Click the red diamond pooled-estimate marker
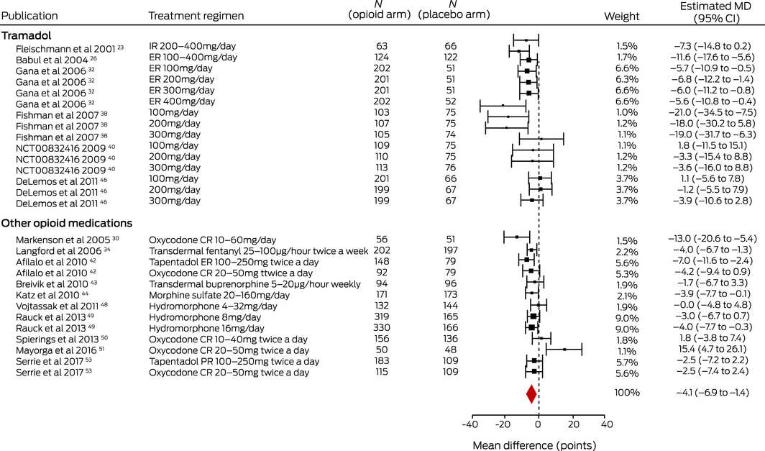coord(531,393)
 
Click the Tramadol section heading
coord(26,34)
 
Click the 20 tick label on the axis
coord(572,424)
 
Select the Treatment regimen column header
coord(196,15)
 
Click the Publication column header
coord(29,15)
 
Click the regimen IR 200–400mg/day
coord(192,46)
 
